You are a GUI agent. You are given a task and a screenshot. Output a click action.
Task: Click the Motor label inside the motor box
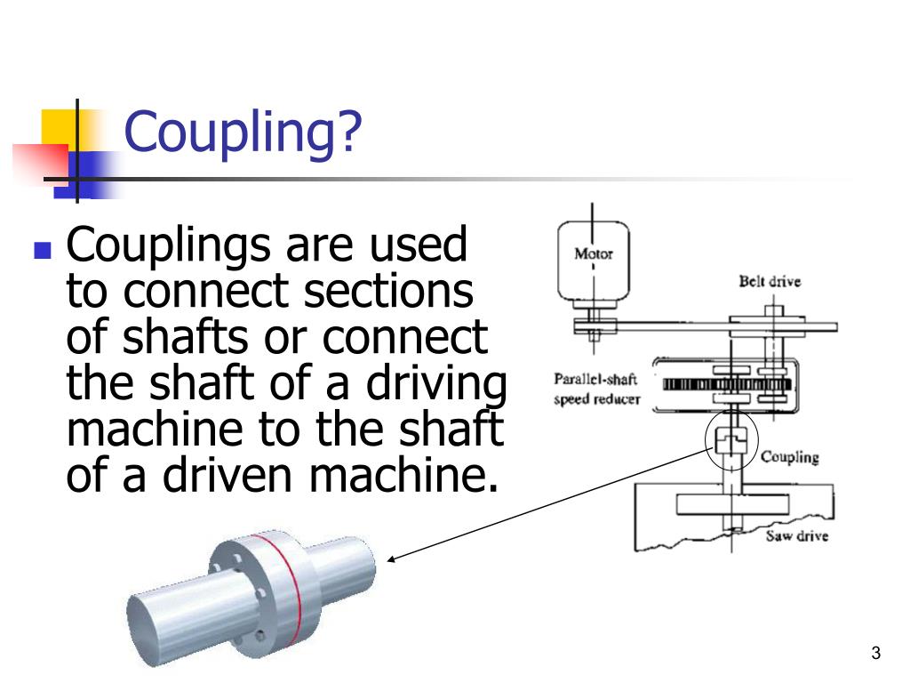pos(593,254)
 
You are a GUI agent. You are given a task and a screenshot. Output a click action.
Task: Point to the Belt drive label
pos(770,282)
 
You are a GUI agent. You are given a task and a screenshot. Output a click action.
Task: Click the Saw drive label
pos(796,536)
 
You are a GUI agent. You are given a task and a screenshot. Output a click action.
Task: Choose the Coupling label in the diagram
pos(790,458)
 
